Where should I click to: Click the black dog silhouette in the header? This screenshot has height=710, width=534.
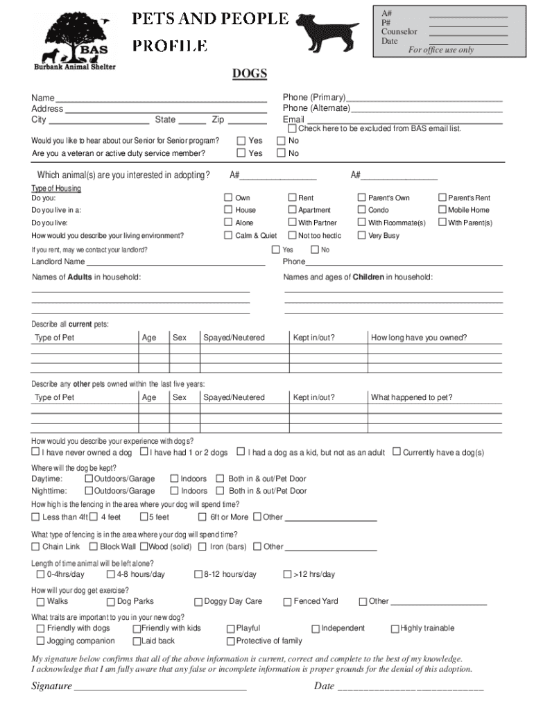325,32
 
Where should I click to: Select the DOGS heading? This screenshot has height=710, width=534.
250,74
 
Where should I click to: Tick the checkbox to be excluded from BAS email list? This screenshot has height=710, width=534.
292,128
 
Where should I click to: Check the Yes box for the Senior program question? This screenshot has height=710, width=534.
241,141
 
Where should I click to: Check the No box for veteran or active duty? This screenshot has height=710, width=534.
282,153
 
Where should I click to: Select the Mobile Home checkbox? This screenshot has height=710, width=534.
442,210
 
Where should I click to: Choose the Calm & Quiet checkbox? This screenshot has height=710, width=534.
228,236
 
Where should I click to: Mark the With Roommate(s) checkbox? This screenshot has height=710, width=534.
361,223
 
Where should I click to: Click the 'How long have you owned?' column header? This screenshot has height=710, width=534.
419,338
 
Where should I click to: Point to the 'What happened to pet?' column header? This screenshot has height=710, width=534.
411,397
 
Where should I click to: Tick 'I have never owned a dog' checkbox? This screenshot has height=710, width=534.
35,452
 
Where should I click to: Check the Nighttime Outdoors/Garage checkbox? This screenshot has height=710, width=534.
89,491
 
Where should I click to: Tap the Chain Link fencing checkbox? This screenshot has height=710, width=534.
35,546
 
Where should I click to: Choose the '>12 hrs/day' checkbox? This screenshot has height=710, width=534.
288,574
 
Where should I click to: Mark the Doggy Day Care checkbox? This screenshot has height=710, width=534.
198,602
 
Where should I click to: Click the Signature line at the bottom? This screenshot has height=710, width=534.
160,686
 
